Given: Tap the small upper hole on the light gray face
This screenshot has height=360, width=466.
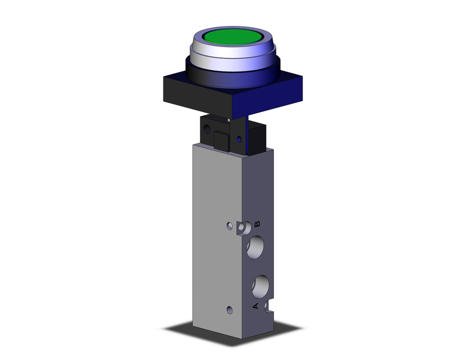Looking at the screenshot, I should tap(229, 226).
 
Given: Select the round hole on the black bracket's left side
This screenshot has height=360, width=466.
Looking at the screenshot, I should tap(206, 127).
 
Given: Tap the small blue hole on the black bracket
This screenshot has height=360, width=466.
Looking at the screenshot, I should tap(239, 139).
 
